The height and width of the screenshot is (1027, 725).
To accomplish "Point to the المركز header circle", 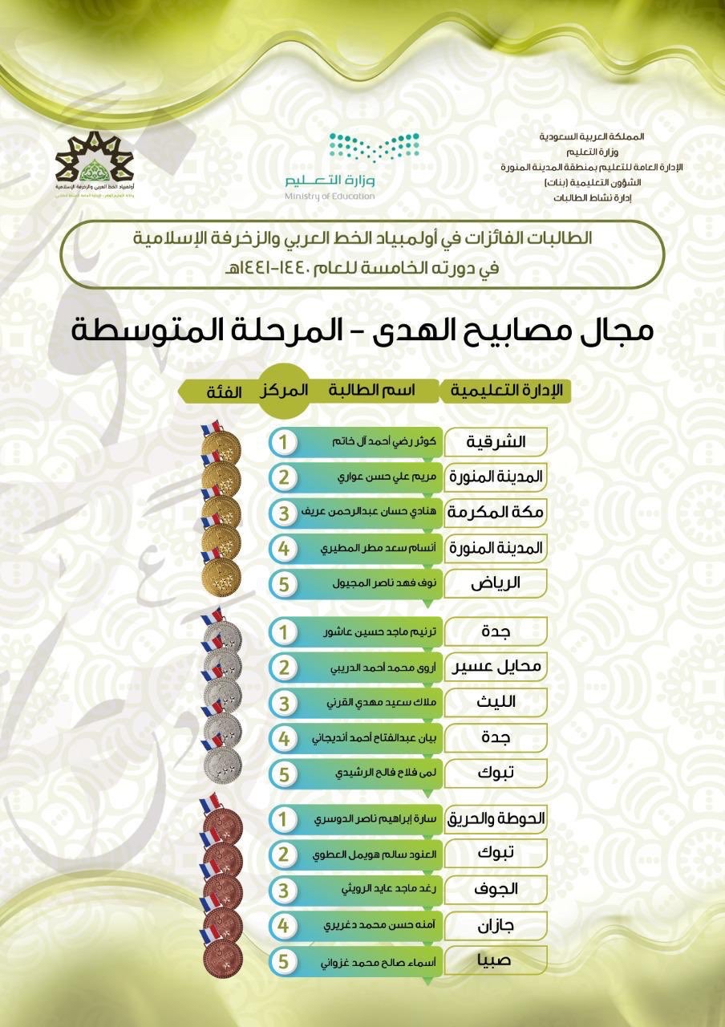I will click(x=283, y=391).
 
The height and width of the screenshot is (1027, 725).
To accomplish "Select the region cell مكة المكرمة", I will click(x=495, y=512).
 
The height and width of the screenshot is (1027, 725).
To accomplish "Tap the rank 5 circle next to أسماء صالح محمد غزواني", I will click(x=282, y=960).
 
